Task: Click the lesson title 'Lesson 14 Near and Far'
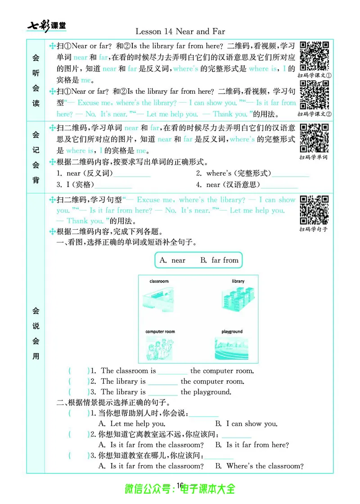coord(180,31)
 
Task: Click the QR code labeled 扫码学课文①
coord(315,56)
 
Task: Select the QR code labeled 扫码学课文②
coord(315,95)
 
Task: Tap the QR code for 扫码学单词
coord(315,138)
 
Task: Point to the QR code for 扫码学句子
coord(315,210)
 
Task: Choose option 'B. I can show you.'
coord(247,424)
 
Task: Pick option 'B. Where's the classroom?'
coord(259,466)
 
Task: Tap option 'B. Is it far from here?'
coord(252,445)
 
